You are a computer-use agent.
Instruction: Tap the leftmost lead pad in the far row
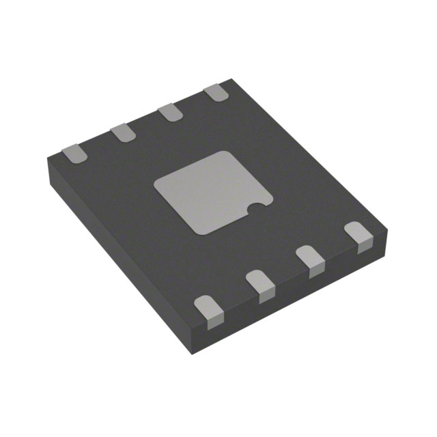coord(74,153)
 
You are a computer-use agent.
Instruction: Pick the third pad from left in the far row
coord(169,112)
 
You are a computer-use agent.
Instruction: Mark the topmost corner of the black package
coord(234,79)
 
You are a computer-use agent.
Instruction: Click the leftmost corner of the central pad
coord(156,182)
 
